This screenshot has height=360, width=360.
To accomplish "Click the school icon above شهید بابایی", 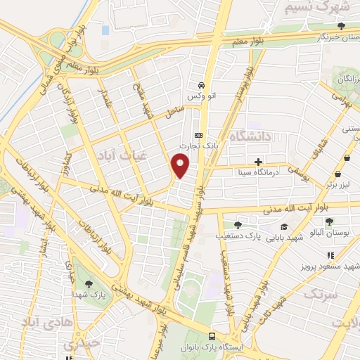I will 284,226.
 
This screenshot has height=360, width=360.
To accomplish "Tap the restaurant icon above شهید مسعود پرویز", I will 330,256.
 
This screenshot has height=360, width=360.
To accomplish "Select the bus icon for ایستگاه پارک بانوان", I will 212,336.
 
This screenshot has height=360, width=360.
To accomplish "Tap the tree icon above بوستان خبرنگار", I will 341,26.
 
